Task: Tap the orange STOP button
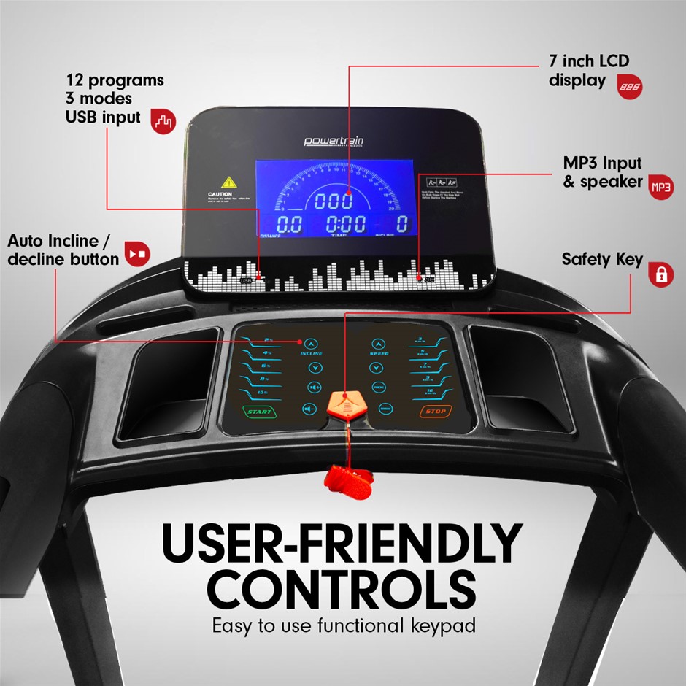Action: pyautogui.click(x=436, y=411)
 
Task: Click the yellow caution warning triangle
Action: pyautogui.click(x=228, y=182)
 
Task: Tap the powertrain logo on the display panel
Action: pyautogui.click(x=334, y=142)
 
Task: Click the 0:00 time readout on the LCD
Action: pyautogui.click(x=345, y=224)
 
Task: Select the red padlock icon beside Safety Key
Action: pyautogui.click(x=661, y=274)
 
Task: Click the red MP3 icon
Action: pyautogui.click(x=661, y=187)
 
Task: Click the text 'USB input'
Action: pyautogui.click(x=103, y=116)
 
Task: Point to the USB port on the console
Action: pyautogui.click(x=247, y=278)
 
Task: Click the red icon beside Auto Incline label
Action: pyautogui.click(x=137, y=253)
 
